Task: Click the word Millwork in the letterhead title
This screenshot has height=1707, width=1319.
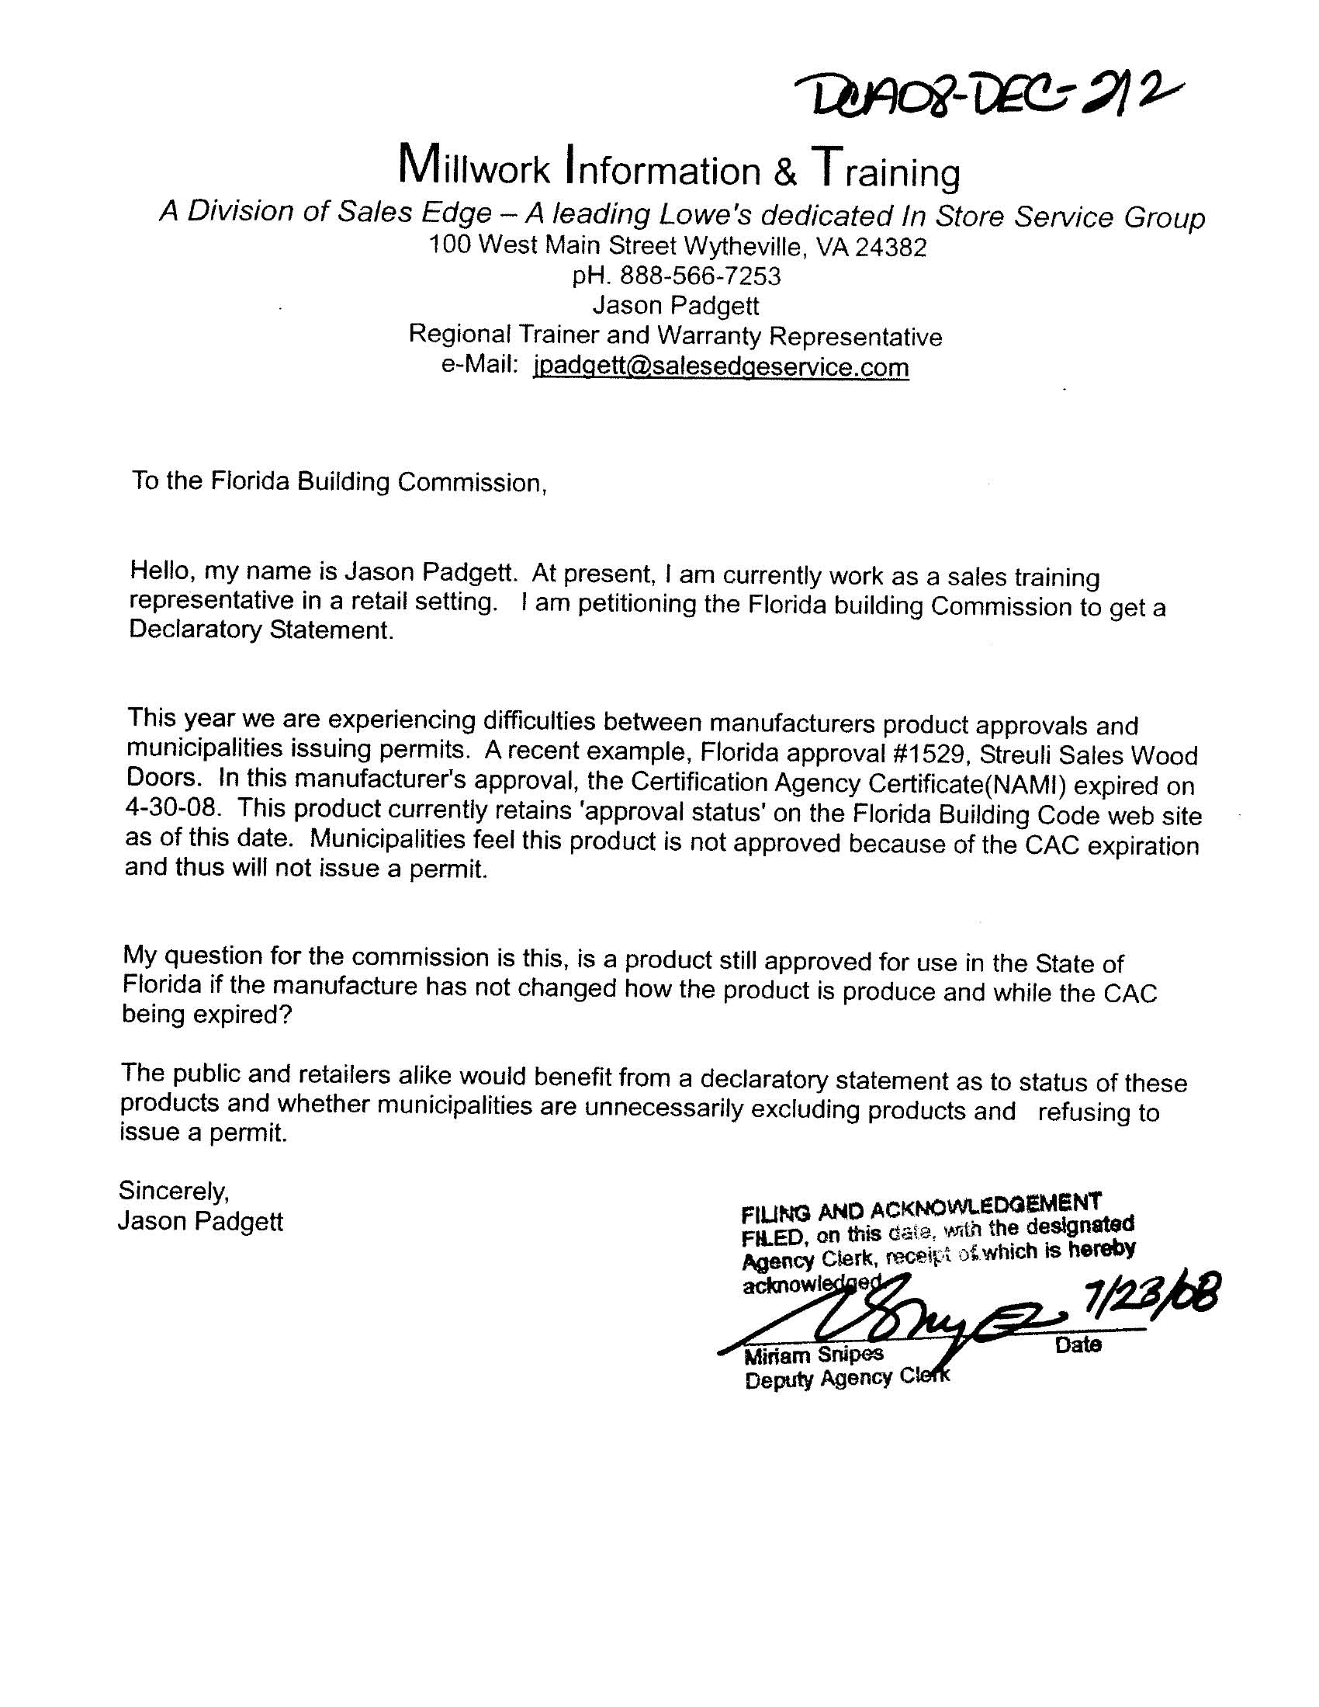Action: pos(475,166)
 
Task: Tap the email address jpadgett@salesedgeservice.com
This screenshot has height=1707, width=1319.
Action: pos(721,366)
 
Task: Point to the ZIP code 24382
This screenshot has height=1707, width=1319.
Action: pos(891,248)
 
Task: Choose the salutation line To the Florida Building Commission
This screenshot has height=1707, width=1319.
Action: pos(338,481)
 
